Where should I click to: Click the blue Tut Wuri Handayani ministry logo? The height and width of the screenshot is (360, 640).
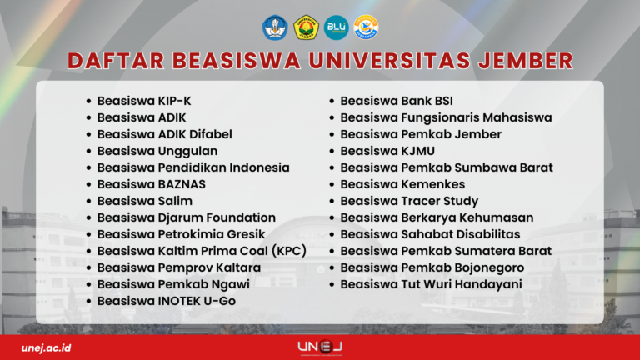[275, 27]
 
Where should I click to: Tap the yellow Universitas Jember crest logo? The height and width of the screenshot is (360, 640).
[306, 27]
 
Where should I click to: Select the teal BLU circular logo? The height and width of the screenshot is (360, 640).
[337, 27]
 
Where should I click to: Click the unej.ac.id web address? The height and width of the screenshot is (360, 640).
[46, 347]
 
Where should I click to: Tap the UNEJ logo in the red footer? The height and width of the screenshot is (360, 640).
[320, 347]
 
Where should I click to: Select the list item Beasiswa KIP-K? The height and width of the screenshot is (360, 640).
[144, 101]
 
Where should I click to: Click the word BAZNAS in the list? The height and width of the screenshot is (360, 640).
[182, 184]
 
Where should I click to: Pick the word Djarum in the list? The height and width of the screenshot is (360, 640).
[177, 218]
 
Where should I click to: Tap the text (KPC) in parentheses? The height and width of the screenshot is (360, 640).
[289, 251]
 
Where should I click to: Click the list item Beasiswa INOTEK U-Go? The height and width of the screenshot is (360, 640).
[167, 301]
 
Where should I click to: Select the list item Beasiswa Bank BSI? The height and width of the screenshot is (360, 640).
[397, 101]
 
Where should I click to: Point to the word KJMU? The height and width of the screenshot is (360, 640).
[418, 151]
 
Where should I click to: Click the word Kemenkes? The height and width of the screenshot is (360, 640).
[433, 184]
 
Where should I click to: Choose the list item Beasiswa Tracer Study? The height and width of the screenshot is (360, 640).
[409, 201]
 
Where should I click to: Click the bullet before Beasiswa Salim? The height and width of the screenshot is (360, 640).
[88, 201]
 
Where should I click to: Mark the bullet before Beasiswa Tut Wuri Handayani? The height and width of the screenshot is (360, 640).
[332, 284]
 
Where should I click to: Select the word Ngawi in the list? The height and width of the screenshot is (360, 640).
[232, 284]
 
